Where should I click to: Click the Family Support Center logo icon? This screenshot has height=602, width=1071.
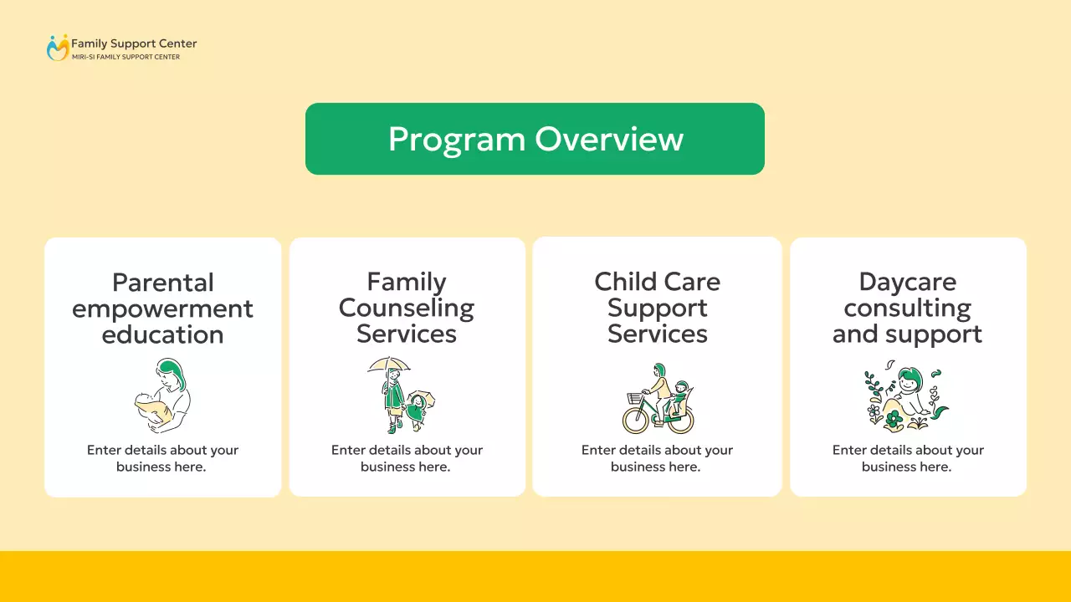57,48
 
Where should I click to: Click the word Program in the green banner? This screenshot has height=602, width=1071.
457,139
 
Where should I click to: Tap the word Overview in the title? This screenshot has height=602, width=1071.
609,139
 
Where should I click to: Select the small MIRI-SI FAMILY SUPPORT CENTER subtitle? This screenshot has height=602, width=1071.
126,57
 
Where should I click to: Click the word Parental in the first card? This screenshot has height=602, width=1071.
163,283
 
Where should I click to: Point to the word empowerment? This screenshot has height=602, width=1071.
162,309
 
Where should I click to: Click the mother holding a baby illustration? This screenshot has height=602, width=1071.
162,395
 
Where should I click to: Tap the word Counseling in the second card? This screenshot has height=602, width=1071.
407,308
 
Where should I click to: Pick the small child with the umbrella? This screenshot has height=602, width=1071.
417,410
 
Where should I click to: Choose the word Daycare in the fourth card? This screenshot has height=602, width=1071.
907,282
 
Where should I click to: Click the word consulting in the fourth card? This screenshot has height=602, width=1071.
907,308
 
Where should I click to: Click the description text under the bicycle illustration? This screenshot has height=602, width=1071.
657,458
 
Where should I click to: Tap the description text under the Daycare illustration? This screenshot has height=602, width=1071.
907,458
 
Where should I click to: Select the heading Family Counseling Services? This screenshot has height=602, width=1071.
407,308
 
